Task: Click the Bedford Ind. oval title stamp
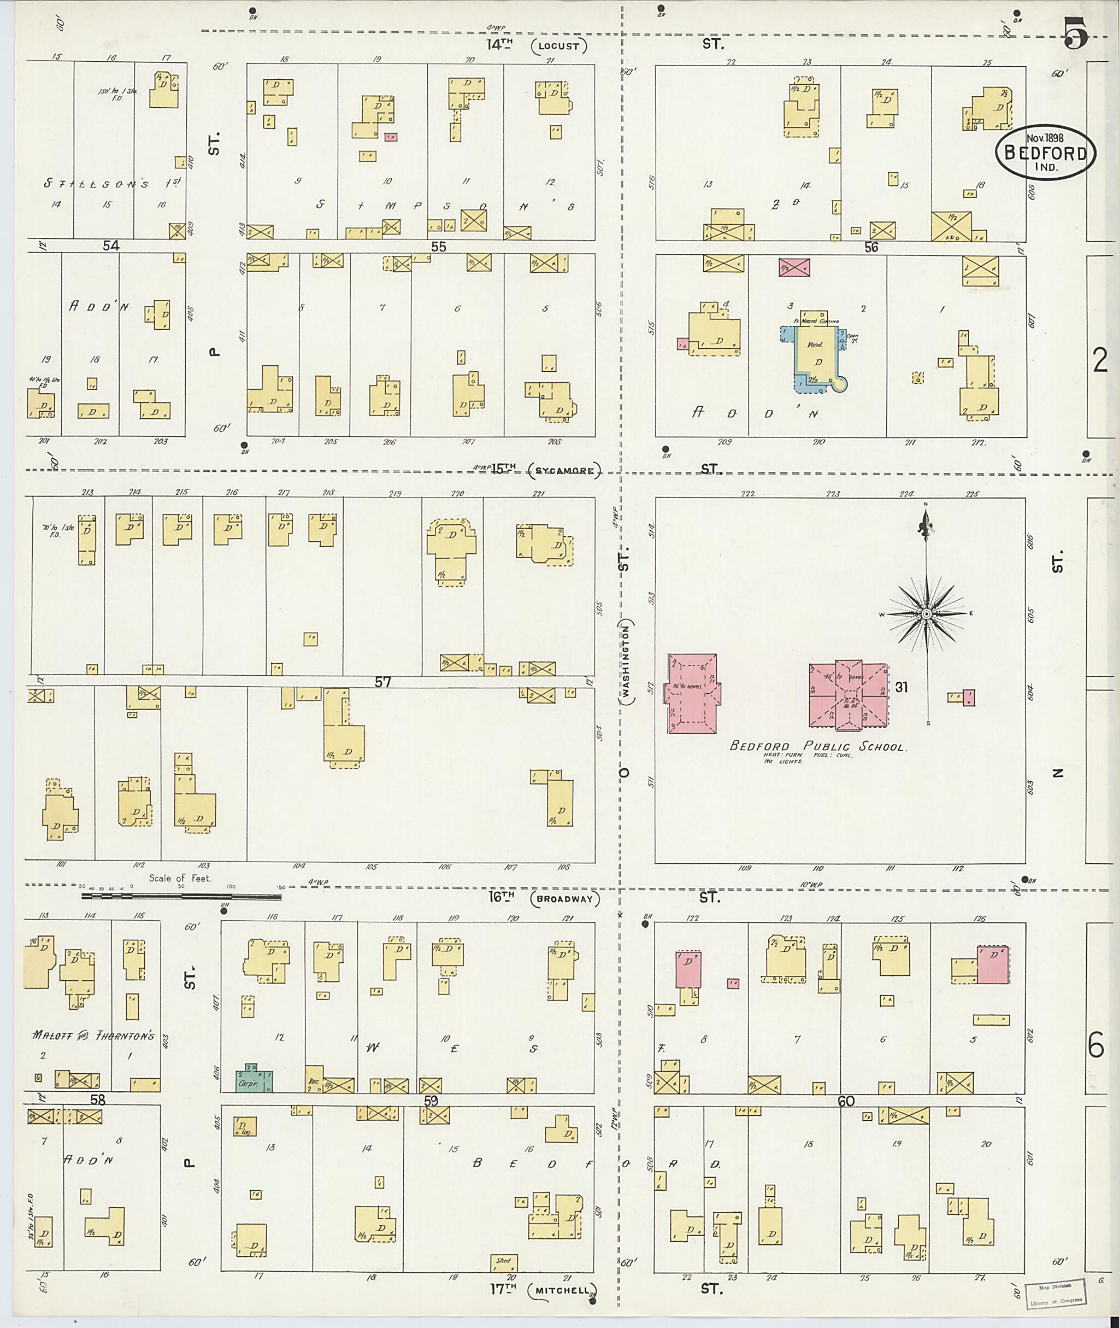1045,153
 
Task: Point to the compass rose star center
926,614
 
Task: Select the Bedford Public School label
818,746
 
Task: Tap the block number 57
382,682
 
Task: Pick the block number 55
438,247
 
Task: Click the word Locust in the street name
559,46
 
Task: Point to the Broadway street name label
564,899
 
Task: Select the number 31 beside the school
902,687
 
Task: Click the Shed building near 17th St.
504,1261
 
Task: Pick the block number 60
846,1101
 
